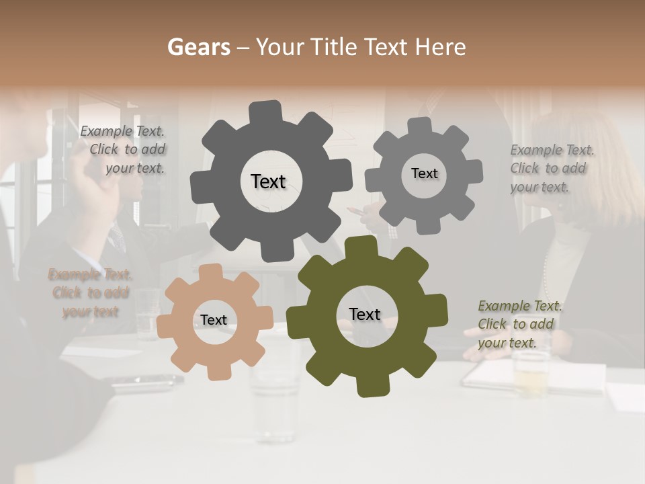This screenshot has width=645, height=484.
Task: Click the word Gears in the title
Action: coord(198,47)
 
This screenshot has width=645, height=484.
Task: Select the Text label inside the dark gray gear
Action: coord(268,182)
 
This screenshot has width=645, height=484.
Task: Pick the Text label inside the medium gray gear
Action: coord(424,173)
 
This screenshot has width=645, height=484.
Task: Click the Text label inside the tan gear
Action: coord(214,320)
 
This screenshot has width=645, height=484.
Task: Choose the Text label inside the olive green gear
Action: coord(365,314)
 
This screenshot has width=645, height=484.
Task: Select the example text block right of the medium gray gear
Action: coord(552,168)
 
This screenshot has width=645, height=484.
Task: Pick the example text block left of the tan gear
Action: coord(90,293)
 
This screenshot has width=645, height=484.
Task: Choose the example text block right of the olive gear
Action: coord(519,324)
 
